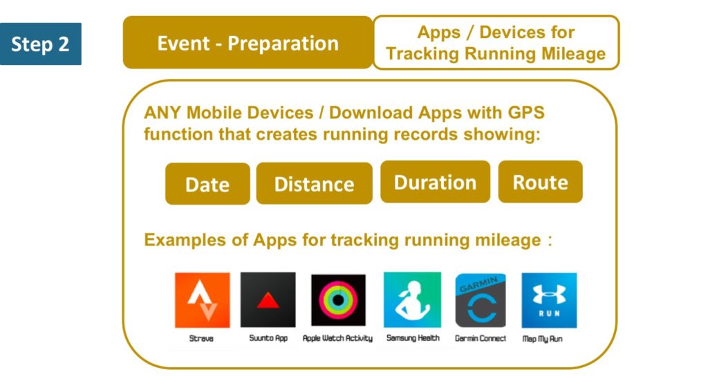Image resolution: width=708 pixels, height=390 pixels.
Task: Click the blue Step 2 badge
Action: (x=41, y=44)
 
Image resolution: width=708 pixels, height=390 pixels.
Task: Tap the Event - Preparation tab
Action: (x=248, y=42)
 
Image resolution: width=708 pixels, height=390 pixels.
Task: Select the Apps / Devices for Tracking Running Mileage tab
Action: (x=496, y=42)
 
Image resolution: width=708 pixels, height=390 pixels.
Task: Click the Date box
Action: (x=207, y=184)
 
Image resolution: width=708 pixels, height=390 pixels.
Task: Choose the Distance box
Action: (x=315, y=183)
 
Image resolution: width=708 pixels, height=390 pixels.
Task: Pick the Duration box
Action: (x=436, y=182)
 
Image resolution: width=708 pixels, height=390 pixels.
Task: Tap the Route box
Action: (x=541, y=182)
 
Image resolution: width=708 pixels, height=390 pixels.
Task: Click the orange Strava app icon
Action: (x=203, y=300)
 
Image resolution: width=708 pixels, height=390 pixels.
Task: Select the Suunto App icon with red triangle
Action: (x=268, y=299)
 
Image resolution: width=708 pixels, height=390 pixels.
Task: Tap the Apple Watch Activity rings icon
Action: (x=338, y=300)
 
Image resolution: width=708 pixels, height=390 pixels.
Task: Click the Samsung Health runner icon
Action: (x=412, y=299)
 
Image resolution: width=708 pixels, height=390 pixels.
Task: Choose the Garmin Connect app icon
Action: (x=481, y=300)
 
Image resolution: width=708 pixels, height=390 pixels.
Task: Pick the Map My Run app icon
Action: (x=549, y=300)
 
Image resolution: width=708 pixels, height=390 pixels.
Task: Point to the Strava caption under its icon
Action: (x=201, y=339)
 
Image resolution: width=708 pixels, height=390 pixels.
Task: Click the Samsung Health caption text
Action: (x=413, y=338)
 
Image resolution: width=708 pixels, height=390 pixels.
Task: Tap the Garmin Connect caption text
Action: (x=481, y=339)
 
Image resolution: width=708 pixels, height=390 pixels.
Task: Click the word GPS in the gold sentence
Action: (x=526, y=113)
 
